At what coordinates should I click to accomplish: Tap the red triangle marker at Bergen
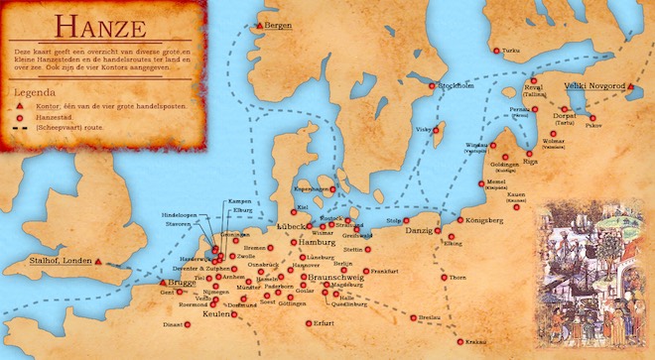(x=260, y=24)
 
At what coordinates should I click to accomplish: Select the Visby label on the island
(x=423, y=130)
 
